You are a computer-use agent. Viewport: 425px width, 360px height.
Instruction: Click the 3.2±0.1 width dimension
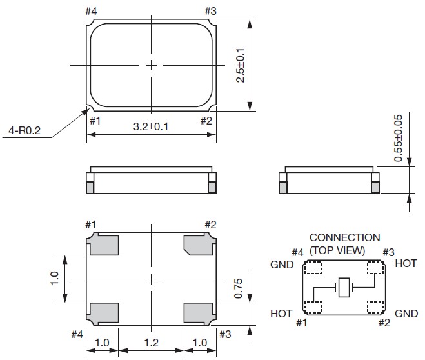click(x=151, y=126)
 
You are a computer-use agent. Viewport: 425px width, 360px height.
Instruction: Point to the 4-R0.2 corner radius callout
click(x=24, y=132)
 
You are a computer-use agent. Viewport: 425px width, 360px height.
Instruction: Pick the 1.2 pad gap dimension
click(x=152, y=344)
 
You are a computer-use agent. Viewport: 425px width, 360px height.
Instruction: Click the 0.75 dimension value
click(x=237, y=289)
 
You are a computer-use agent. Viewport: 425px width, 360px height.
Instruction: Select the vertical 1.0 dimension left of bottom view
click(x=54, y=278)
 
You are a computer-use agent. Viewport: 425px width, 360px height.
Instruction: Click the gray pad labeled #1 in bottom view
click(x=104, y=245)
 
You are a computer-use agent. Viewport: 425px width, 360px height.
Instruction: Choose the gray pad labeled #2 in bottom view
click(x=199, y=245)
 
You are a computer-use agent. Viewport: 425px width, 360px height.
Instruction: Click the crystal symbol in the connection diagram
click(x=346, y=286)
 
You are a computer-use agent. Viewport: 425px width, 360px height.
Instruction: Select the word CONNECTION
click(x=344, y=238)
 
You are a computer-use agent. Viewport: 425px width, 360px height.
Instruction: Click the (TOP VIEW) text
click(x=337, y=250)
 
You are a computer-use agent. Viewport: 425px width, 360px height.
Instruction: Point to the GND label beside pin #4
click(x=282, y=265)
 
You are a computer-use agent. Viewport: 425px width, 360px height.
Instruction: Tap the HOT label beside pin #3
click(x=405, y=264)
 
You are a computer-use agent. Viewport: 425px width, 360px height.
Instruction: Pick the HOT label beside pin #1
click(x=282, y=313)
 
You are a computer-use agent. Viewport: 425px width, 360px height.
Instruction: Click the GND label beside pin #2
click(x=406, y=313)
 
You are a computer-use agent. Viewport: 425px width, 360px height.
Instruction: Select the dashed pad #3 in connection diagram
click(x=375, y=268)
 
